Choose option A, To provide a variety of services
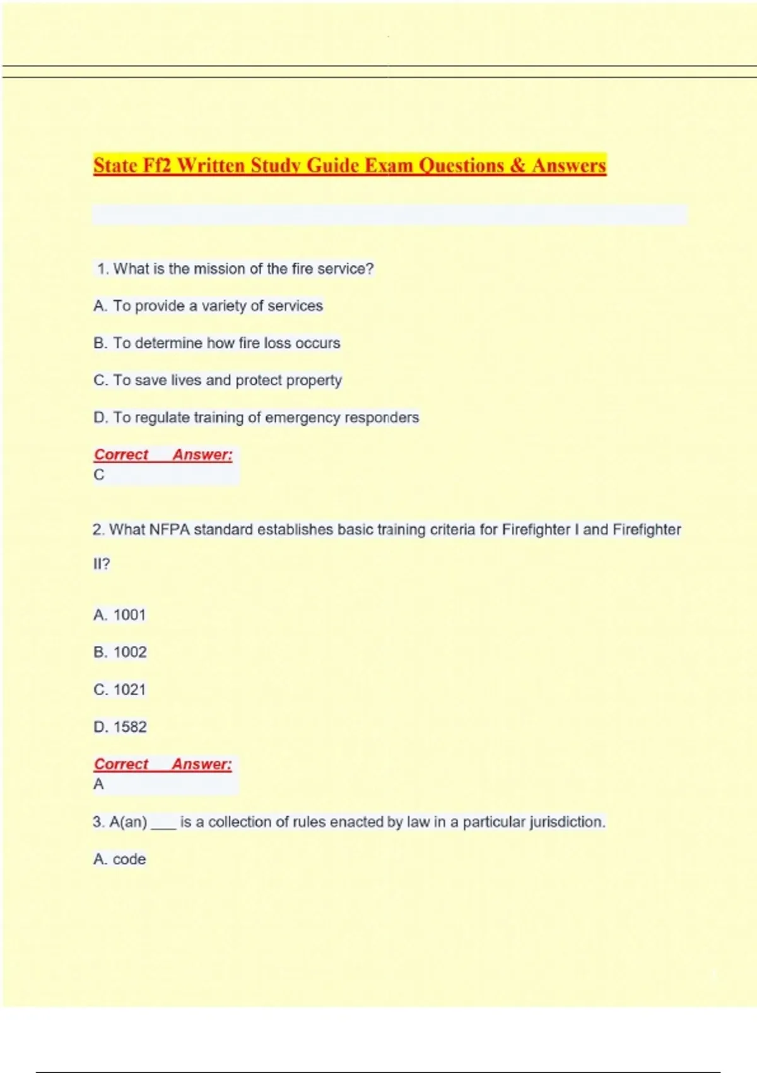208,306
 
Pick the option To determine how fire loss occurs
217,343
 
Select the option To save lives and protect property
218,381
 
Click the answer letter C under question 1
99,475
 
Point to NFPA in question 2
169,530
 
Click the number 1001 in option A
129,615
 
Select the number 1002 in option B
130,652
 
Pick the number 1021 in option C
129,689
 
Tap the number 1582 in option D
130,727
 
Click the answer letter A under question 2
98,785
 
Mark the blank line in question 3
163,824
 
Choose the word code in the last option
129,860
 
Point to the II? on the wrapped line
101,564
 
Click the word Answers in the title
568,165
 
